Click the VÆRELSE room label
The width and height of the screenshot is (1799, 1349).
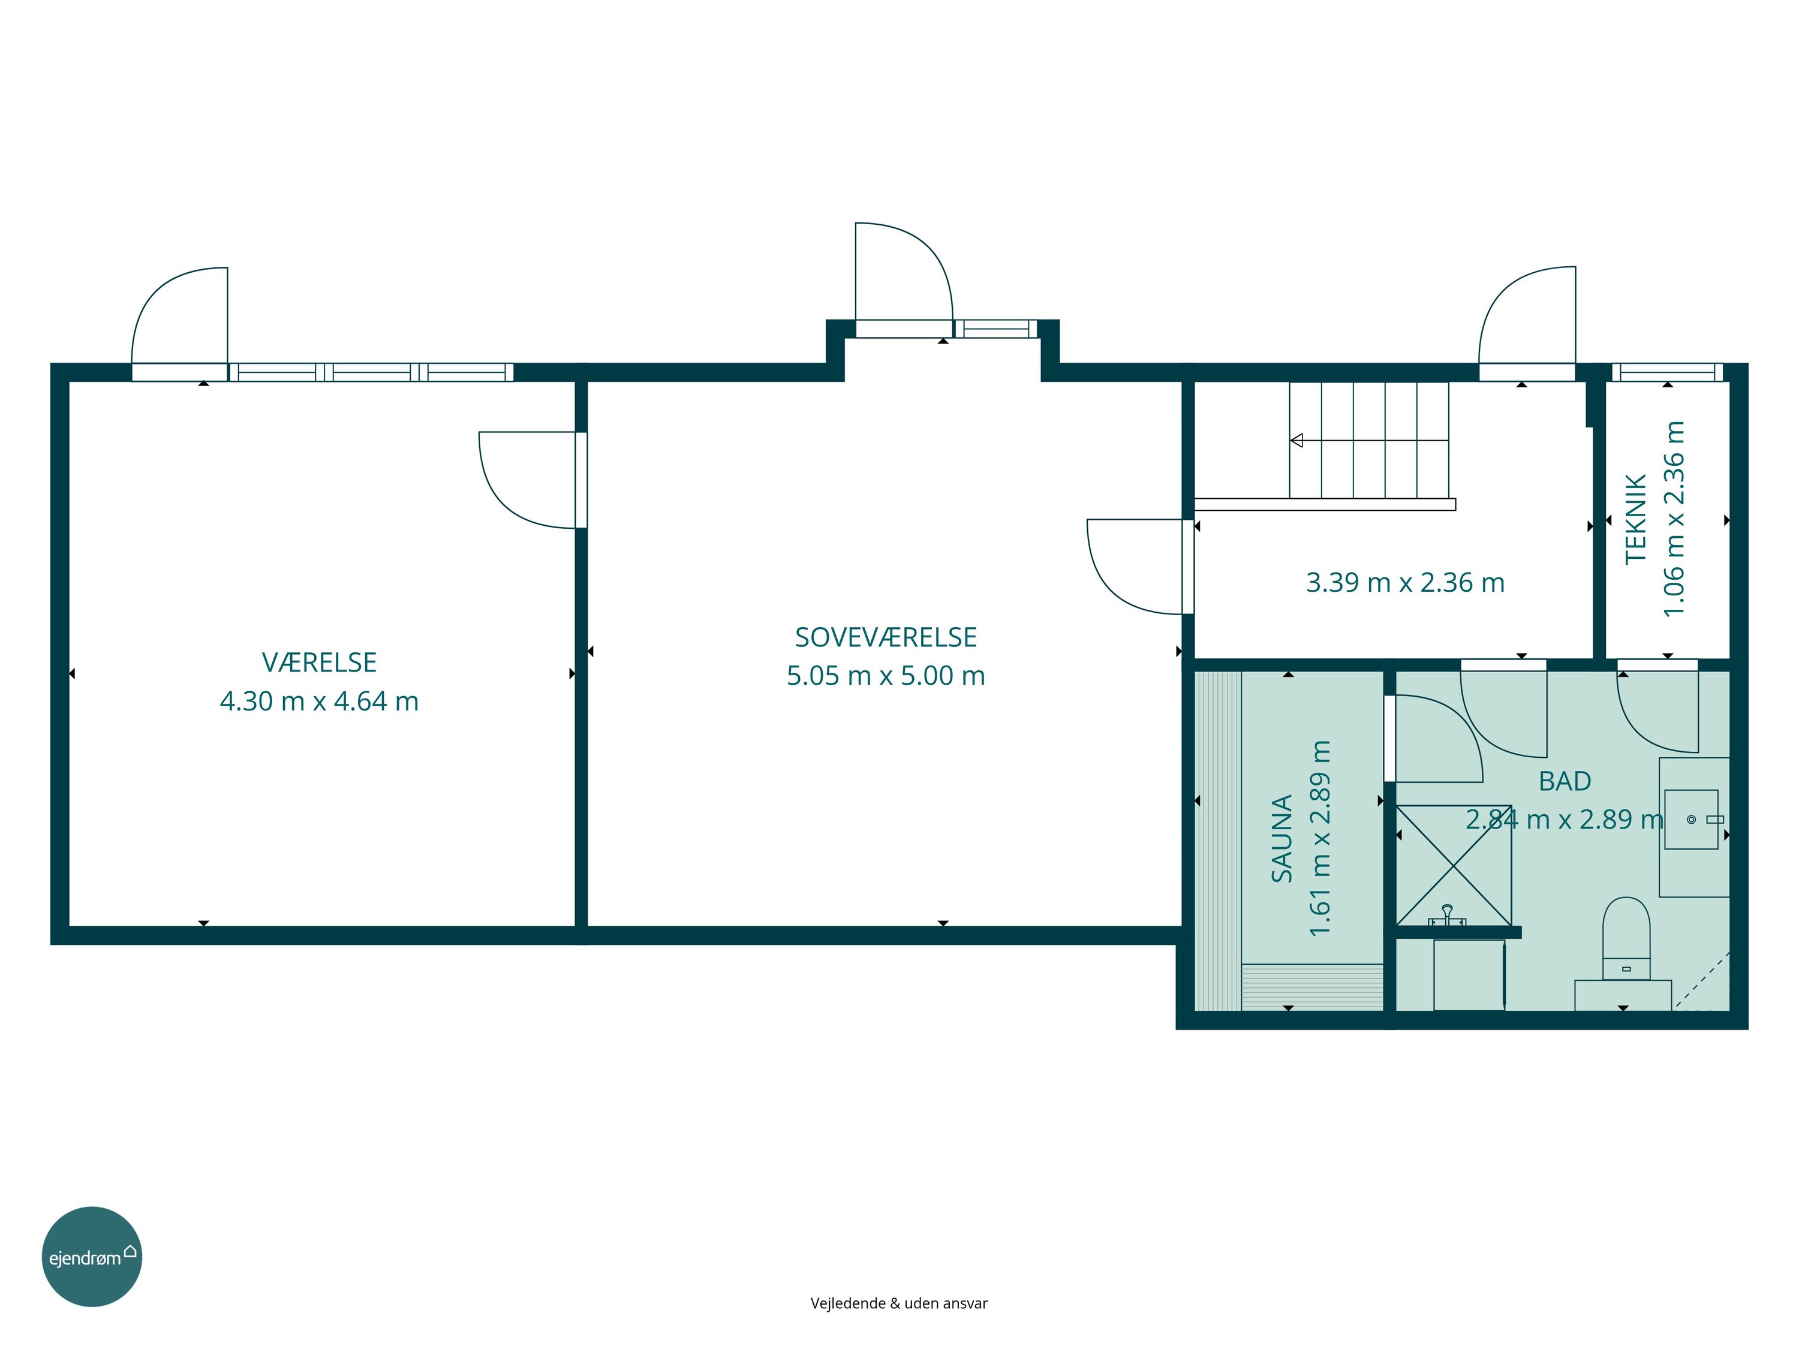click(x=319, y=663)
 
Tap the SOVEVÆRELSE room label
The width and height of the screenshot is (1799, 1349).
click(x=886, y=637)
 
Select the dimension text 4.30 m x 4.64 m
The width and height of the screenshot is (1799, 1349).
click(x=319, y=701)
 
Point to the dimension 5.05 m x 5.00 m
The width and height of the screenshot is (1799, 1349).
click(x=886, y=676)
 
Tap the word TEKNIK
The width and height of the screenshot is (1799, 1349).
click(x=1635, y=519)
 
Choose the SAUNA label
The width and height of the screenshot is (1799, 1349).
click(x=1281, y=838)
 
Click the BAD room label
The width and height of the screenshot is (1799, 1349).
click(x=1565, y=781)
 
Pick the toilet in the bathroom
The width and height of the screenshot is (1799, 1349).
click(x=1626, y=938)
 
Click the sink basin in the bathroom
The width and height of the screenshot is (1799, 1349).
click(x=1691, y=820)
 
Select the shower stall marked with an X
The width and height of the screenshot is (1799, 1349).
click(x=1454, y=865)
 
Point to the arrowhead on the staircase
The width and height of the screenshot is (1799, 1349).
click(x=1296, y=441)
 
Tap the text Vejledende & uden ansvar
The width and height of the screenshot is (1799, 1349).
click(x=899, y=1303)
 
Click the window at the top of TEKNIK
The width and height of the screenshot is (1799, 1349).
click(x=1667, y=372)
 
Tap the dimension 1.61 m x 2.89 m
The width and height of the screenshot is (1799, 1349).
click(x=1320, y=838)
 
